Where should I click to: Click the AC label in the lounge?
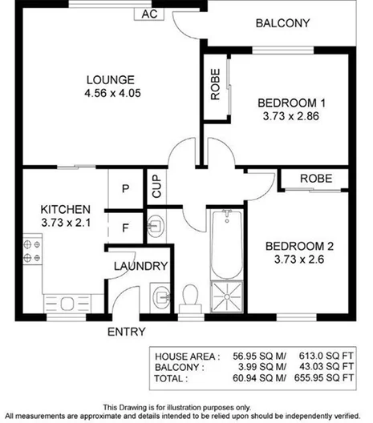pyautogui.click(x=148, y=14)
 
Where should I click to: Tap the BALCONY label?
pyautogui.click(x=282, y=23)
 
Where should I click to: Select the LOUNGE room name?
pyautogui.click(x=110, y=79)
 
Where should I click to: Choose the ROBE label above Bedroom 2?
pyautogui.click(x=317, y=178)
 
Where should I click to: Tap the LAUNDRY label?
pyautogui.click(x=140, y=266)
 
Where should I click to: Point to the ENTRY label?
pyautogui.click(x=126, y=331)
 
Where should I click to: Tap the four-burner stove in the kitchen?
pyautogui.click(x=33, y=249)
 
